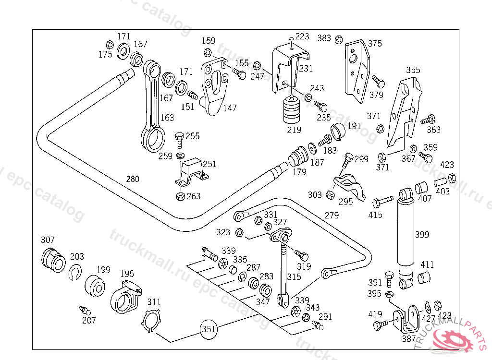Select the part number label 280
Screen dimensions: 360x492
(x=133, y=179)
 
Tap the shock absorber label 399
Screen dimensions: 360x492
(x=422, y=235)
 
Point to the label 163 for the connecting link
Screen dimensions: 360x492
(x=167, y=118)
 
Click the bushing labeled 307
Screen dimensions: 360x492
(x=52, y=259)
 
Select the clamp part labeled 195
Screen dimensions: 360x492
(x=126, y=298)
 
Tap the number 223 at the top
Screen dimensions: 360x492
(x=302, y=36)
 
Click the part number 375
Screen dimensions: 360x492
(x=375, y=44)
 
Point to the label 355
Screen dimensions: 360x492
(x=413, y=70)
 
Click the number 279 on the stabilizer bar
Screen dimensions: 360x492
(x=332, y=216)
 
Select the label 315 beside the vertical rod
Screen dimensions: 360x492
(x=294, y=277)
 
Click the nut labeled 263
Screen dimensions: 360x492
(x=180, y=196)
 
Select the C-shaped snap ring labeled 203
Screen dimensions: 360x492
(x=76, y=272)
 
